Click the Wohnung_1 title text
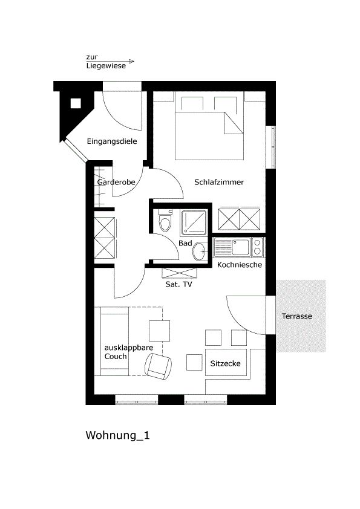[117, 435]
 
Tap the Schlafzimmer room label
[219, 182]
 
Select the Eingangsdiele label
[112, 141]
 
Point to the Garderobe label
[116, 182]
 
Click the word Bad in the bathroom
[185, 243]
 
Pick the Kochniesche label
[240, 265]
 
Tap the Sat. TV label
[178, 284]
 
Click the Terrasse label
[297, 316]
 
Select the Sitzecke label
[225, 363]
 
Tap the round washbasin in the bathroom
[199, 252]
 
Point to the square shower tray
[194, 222]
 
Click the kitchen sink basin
[241, 247]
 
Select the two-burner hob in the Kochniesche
[257, 247]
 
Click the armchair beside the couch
[159, 366]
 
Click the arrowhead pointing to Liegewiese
[131, 61]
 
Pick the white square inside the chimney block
[76, 103]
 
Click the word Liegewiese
[106, 65]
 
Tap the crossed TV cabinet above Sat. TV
[179, 273]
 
